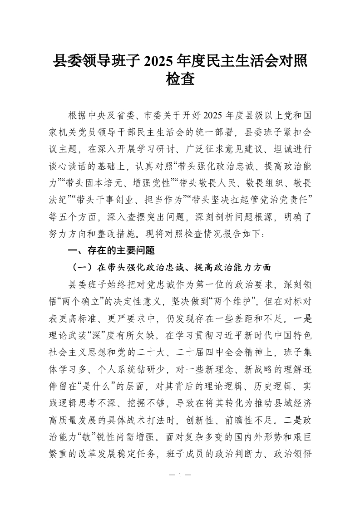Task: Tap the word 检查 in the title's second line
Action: (x=180, y=80)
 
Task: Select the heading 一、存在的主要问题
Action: (x=111, y=250)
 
